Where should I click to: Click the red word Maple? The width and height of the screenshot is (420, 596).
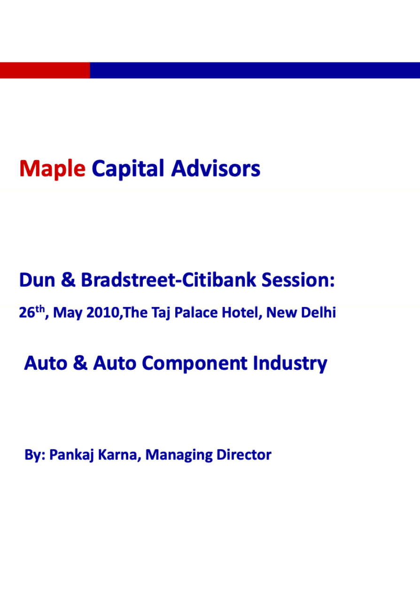(x=53, y=168)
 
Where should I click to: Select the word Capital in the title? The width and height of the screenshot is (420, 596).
(x=128, y=168)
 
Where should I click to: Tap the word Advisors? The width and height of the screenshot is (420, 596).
(x=216, y=168)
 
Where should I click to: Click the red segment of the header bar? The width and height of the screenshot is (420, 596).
(x=45, y=70)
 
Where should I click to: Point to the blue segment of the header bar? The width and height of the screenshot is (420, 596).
(x=255, y=70)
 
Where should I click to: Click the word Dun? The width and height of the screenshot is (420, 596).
(x=37, y=280)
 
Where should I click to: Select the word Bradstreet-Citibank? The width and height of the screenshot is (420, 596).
(x=168, y=280)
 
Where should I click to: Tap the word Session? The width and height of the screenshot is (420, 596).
(x=298, y=280)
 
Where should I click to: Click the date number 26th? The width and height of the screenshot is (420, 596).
(x=31, y=312)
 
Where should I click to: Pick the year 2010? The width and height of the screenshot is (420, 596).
(x=102, y=313)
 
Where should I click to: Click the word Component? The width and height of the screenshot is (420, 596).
(x=194, y=364)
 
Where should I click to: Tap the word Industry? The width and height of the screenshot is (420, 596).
(x=290, y=363)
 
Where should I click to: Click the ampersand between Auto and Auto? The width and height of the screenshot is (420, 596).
(x=80, y=363)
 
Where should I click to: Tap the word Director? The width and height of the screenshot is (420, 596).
(x=244, y=455)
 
